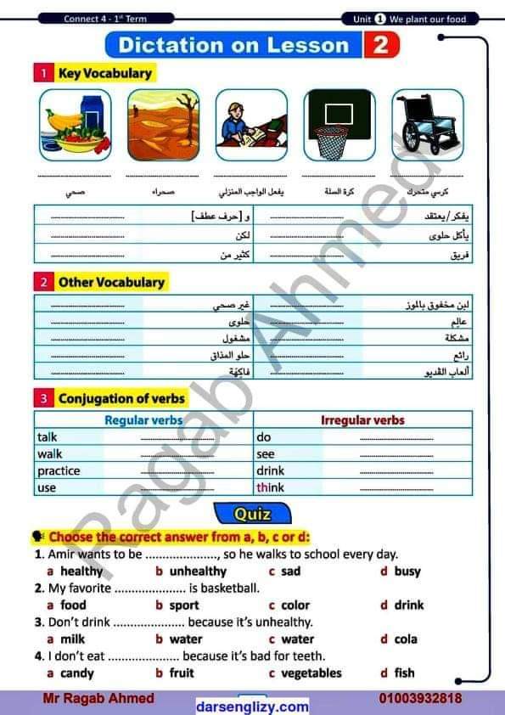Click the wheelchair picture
coord(428,125)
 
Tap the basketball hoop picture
coord(339,125)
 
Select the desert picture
coord(163,125)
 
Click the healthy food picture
coord(75,125)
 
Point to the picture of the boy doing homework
coord(251,125)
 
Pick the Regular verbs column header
coord(143,420)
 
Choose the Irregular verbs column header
coord(362,420)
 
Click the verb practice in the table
coord(59,470)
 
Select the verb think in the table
coord(271,487)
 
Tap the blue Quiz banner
coord(252,514)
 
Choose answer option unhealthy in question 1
coord(198,571)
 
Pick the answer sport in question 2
coord(184,605)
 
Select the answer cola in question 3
coord(406,639)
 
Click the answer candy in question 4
coord(77,673)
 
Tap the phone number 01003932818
coord(421,698)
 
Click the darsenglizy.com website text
coord(252,706)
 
